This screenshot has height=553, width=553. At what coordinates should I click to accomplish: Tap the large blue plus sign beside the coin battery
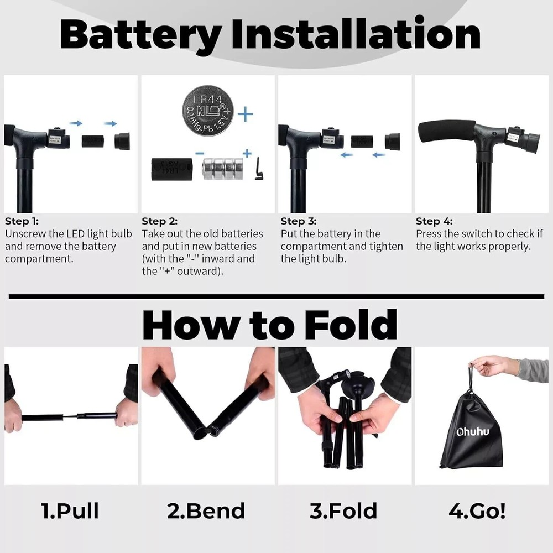(x=245, y=115)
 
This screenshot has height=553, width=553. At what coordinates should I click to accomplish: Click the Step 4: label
(x=435, y=221)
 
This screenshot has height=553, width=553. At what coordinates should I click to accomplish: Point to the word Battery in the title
(x=141, y=34)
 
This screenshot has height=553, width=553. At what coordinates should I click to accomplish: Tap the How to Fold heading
(x=270, y=325)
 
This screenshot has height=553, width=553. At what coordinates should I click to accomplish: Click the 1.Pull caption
(x=70, y=511)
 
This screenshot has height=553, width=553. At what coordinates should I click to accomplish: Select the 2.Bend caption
(x=206, y=511)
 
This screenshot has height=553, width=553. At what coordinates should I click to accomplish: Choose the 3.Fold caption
(x=343, y=511)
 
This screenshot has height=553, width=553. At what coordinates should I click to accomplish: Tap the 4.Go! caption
(x=477, y=511)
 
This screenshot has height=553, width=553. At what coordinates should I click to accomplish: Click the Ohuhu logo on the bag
(x=473, y=432)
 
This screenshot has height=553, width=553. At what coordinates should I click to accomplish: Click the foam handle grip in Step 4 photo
(x=447, y=131)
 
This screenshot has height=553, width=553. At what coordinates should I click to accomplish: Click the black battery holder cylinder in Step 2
(x=171, y=168)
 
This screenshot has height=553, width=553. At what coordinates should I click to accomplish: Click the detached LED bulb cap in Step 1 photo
(x=122, y=141)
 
